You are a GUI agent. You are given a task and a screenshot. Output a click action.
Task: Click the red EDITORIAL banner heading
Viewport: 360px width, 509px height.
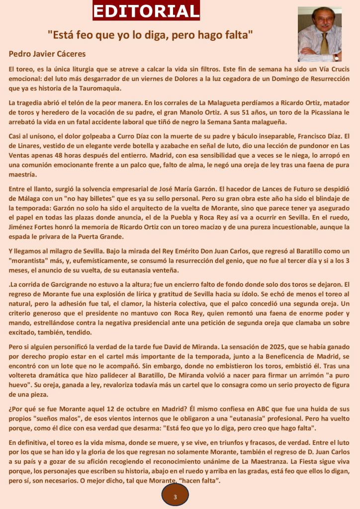point(146,10)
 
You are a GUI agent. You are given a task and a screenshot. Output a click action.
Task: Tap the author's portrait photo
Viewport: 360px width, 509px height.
point(319,34)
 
